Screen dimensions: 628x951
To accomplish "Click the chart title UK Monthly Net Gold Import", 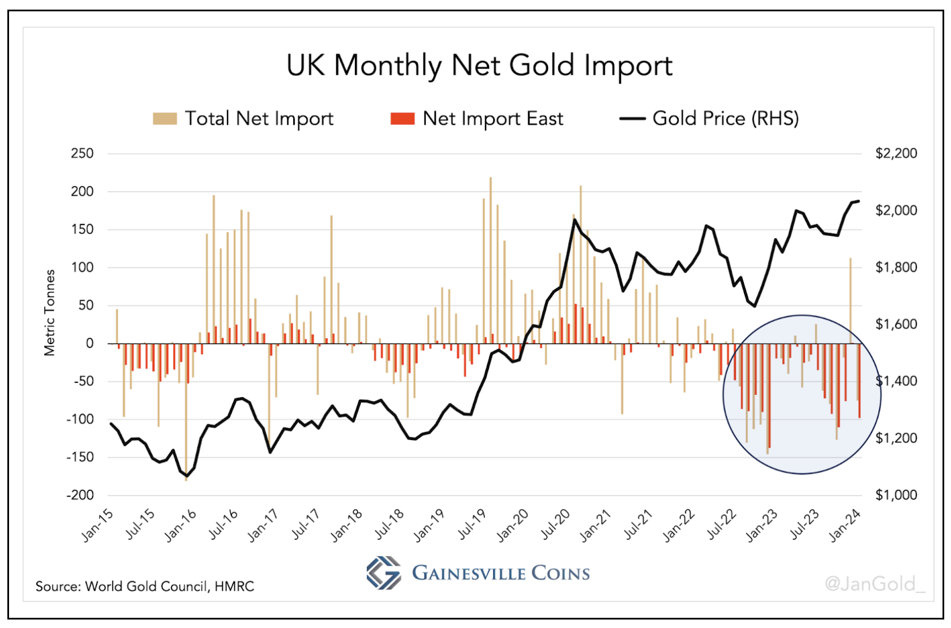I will [x=479, y=66].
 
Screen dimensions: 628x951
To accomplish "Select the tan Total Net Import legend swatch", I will [x=165, y=119].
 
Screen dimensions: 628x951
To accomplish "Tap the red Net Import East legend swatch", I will [x=402, y=119].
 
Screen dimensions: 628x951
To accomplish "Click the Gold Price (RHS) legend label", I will [x=725, y=119].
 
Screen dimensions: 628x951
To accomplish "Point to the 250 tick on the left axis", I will [x=82, y=153].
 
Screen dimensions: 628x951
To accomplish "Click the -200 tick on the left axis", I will [x=80, y=495].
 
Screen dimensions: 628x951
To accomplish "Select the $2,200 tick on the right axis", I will [x=896, y=153].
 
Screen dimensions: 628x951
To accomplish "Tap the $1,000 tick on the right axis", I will [x=896, y=495].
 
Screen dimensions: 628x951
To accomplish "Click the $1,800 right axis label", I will [x=896, y=267].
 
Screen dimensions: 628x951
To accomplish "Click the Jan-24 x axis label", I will [x=845, y=524].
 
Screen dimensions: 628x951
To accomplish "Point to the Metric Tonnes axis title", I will [x=50, y=312].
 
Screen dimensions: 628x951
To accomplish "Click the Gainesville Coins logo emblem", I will [x=383, y=573].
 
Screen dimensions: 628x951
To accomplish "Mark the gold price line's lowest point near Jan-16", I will [x=187, y=476].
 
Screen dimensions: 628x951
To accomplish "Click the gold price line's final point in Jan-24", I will [x=859, y=201].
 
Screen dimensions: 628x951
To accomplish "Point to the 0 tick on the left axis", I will [x=89, y=343].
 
